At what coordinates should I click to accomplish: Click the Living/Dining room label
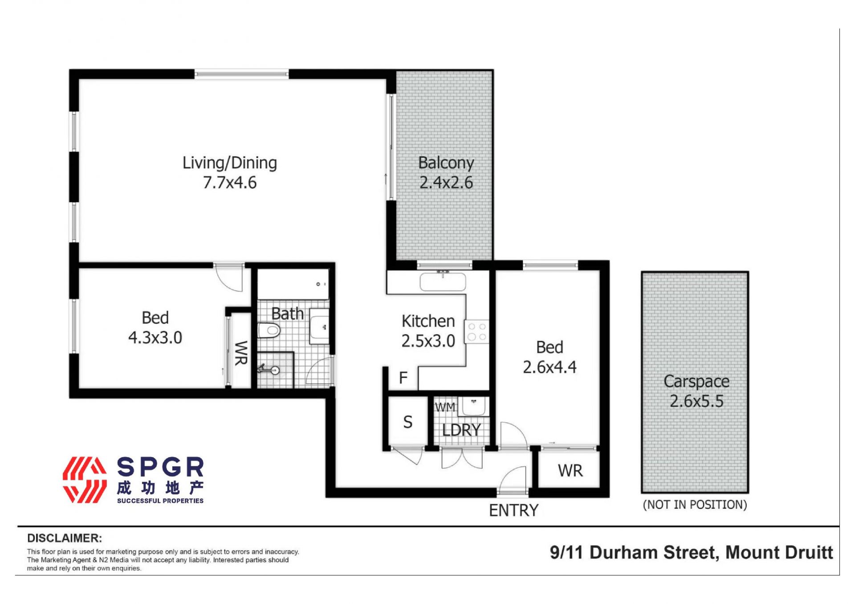(x=230, y=163)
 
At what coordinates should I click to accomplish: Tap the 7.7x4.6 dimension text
(x=230, y=183)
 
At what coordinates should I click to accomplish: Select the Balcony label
(x=446, y=163)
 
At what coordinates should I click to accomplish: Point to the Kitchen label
(x=428, y=321)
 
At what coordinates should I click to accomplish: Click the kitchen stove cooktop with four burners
(x=477, y=332)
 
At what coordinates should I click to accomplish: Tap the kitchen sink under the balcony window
(x=443, y=282)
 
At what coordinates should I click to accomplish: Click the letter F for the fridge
(x=403, y=378)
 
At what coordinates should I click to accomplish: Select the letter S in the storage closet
(x=408, y=422)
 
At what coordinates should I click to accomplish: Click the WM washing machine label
(x=445, y=407)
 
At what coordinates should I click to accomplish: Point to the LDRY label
(x=461, y=430)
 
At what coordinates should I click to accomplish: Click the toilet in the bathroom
(x=269, y=331)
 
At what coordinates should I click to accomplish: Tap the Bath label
(x=288, y=314)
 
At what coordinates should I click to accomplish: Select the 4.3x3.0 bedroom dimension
(x=155, y=338)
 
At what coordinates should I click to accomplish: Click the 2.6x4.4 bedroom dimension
(x=550, y=367)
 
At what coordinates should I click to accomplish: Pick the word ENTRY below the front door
(x=514, y=510)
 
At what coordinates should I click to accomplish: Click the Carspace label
(x=696, y=381)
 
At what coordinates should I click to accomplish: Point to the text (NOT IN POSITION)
(x=695, y=505)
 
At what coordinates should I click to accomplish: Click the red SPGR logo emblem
(x=85, y=480)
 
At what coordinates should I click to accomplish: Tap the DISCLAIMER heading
(x=65, y=538)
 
